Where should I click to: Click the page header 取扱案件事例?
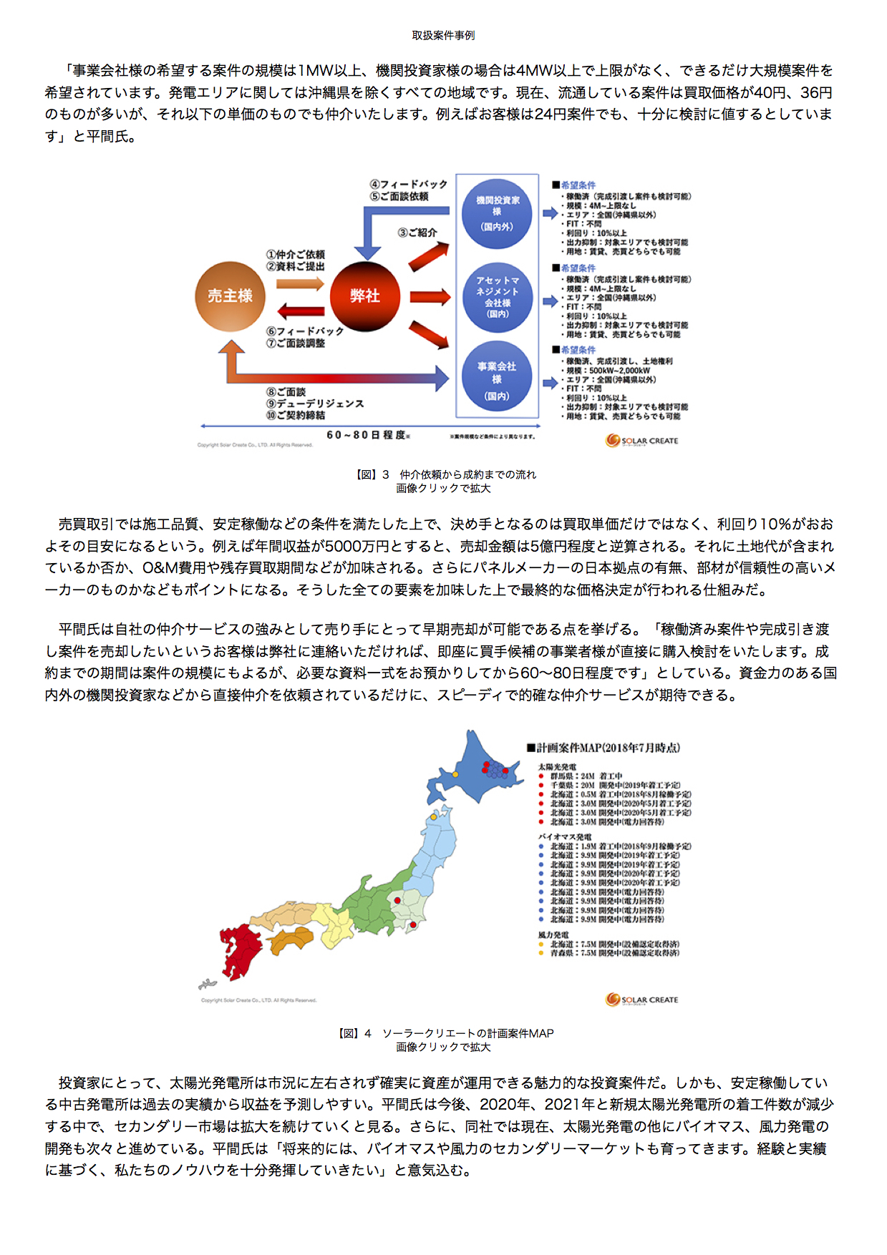click(443, 35)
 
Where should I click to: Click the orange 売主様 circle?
click(231, 296)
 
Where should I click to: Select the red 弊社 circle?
click(364, 296)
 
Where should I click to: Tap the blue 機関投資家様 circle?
click(497, 213)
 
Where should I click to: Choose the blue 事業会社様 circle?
click(497, 380)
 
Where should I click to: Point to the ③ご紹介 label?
click(417, 233)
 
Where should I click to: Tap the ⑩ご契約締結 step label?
click(296, 415)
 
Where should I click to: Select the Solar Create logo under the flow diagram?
click(641, 441)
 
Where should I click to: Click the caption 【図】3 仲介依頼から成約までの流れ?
click(445, 474)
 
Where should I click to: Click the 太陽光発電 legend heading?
click(558, 767)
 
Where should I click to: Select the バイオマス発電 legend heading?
click(565, 836)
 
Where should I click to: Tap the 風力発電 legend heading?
click(553, 934)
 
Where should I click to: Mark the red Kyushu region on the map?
click(240, 948)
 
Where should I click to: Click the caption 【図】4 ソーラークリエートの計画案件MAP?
click(445, 1033)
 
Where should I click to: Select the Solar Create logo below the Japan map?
click(641, 1000)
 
